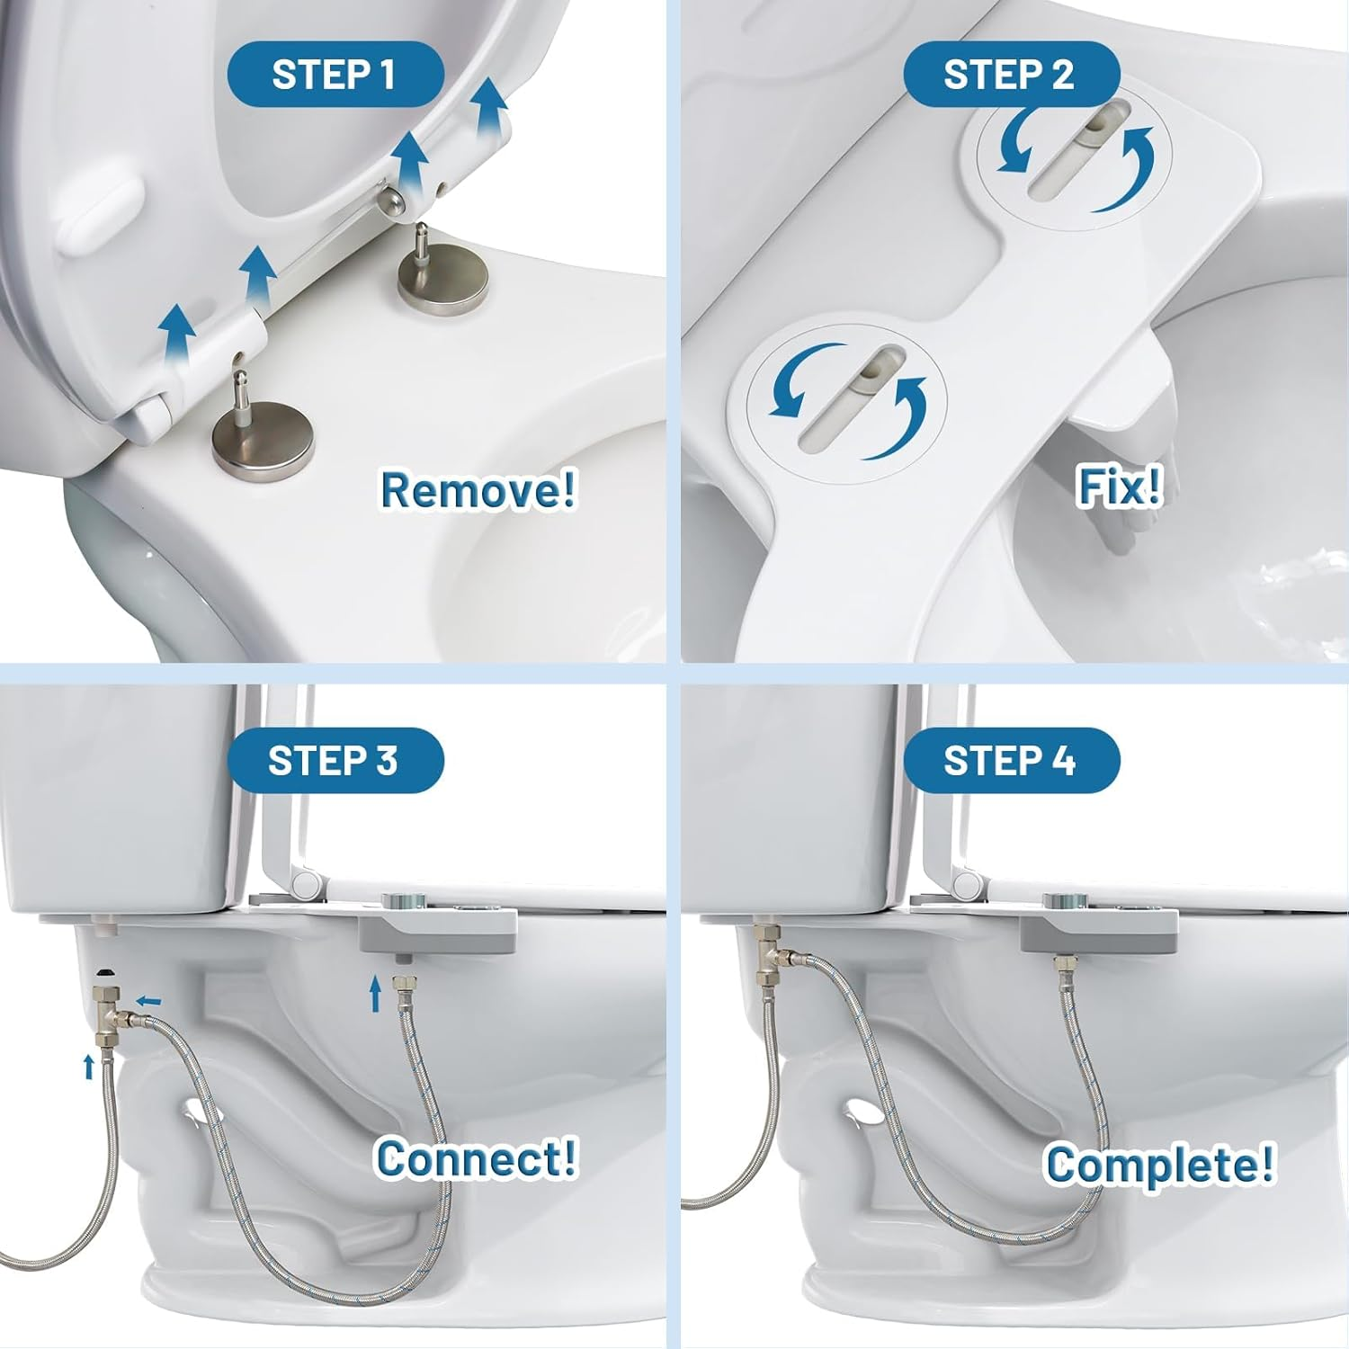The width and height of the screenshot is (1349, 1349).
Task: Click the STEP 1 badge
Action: click(x=334, y=75)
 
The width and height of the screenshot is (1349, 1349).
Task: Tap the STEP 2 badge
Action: click(x=1009, y=75)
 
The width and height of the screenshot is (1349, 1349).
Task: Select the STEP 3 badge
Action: click(x=333, y=761)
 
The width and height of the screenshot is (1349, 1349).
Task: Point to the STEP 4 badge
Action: click(x=1009, y=761)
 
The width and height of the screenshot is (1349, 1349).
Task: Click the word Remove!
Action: click(x=478, y=490)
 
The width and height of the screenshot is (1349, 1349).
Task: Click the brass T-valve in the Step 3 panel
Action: click(x=110, y=1009)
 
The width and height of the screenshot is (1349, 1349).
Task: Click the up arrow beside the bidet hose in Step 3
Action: click(x=376, y=991)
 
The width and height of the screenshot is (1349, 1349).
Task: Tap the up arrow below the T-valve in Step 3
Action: click(x=88, y=1067)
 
